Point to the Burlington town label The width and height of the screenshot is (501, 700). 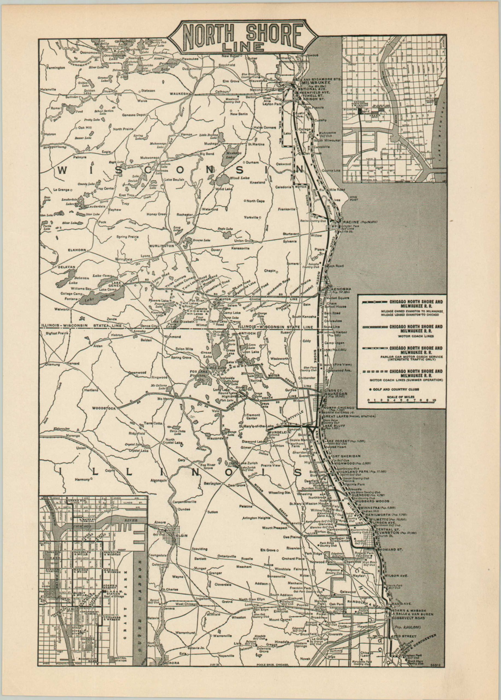[x=162, y=246]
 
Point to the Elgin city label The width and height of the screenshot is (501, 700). [x=181, y=535]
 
